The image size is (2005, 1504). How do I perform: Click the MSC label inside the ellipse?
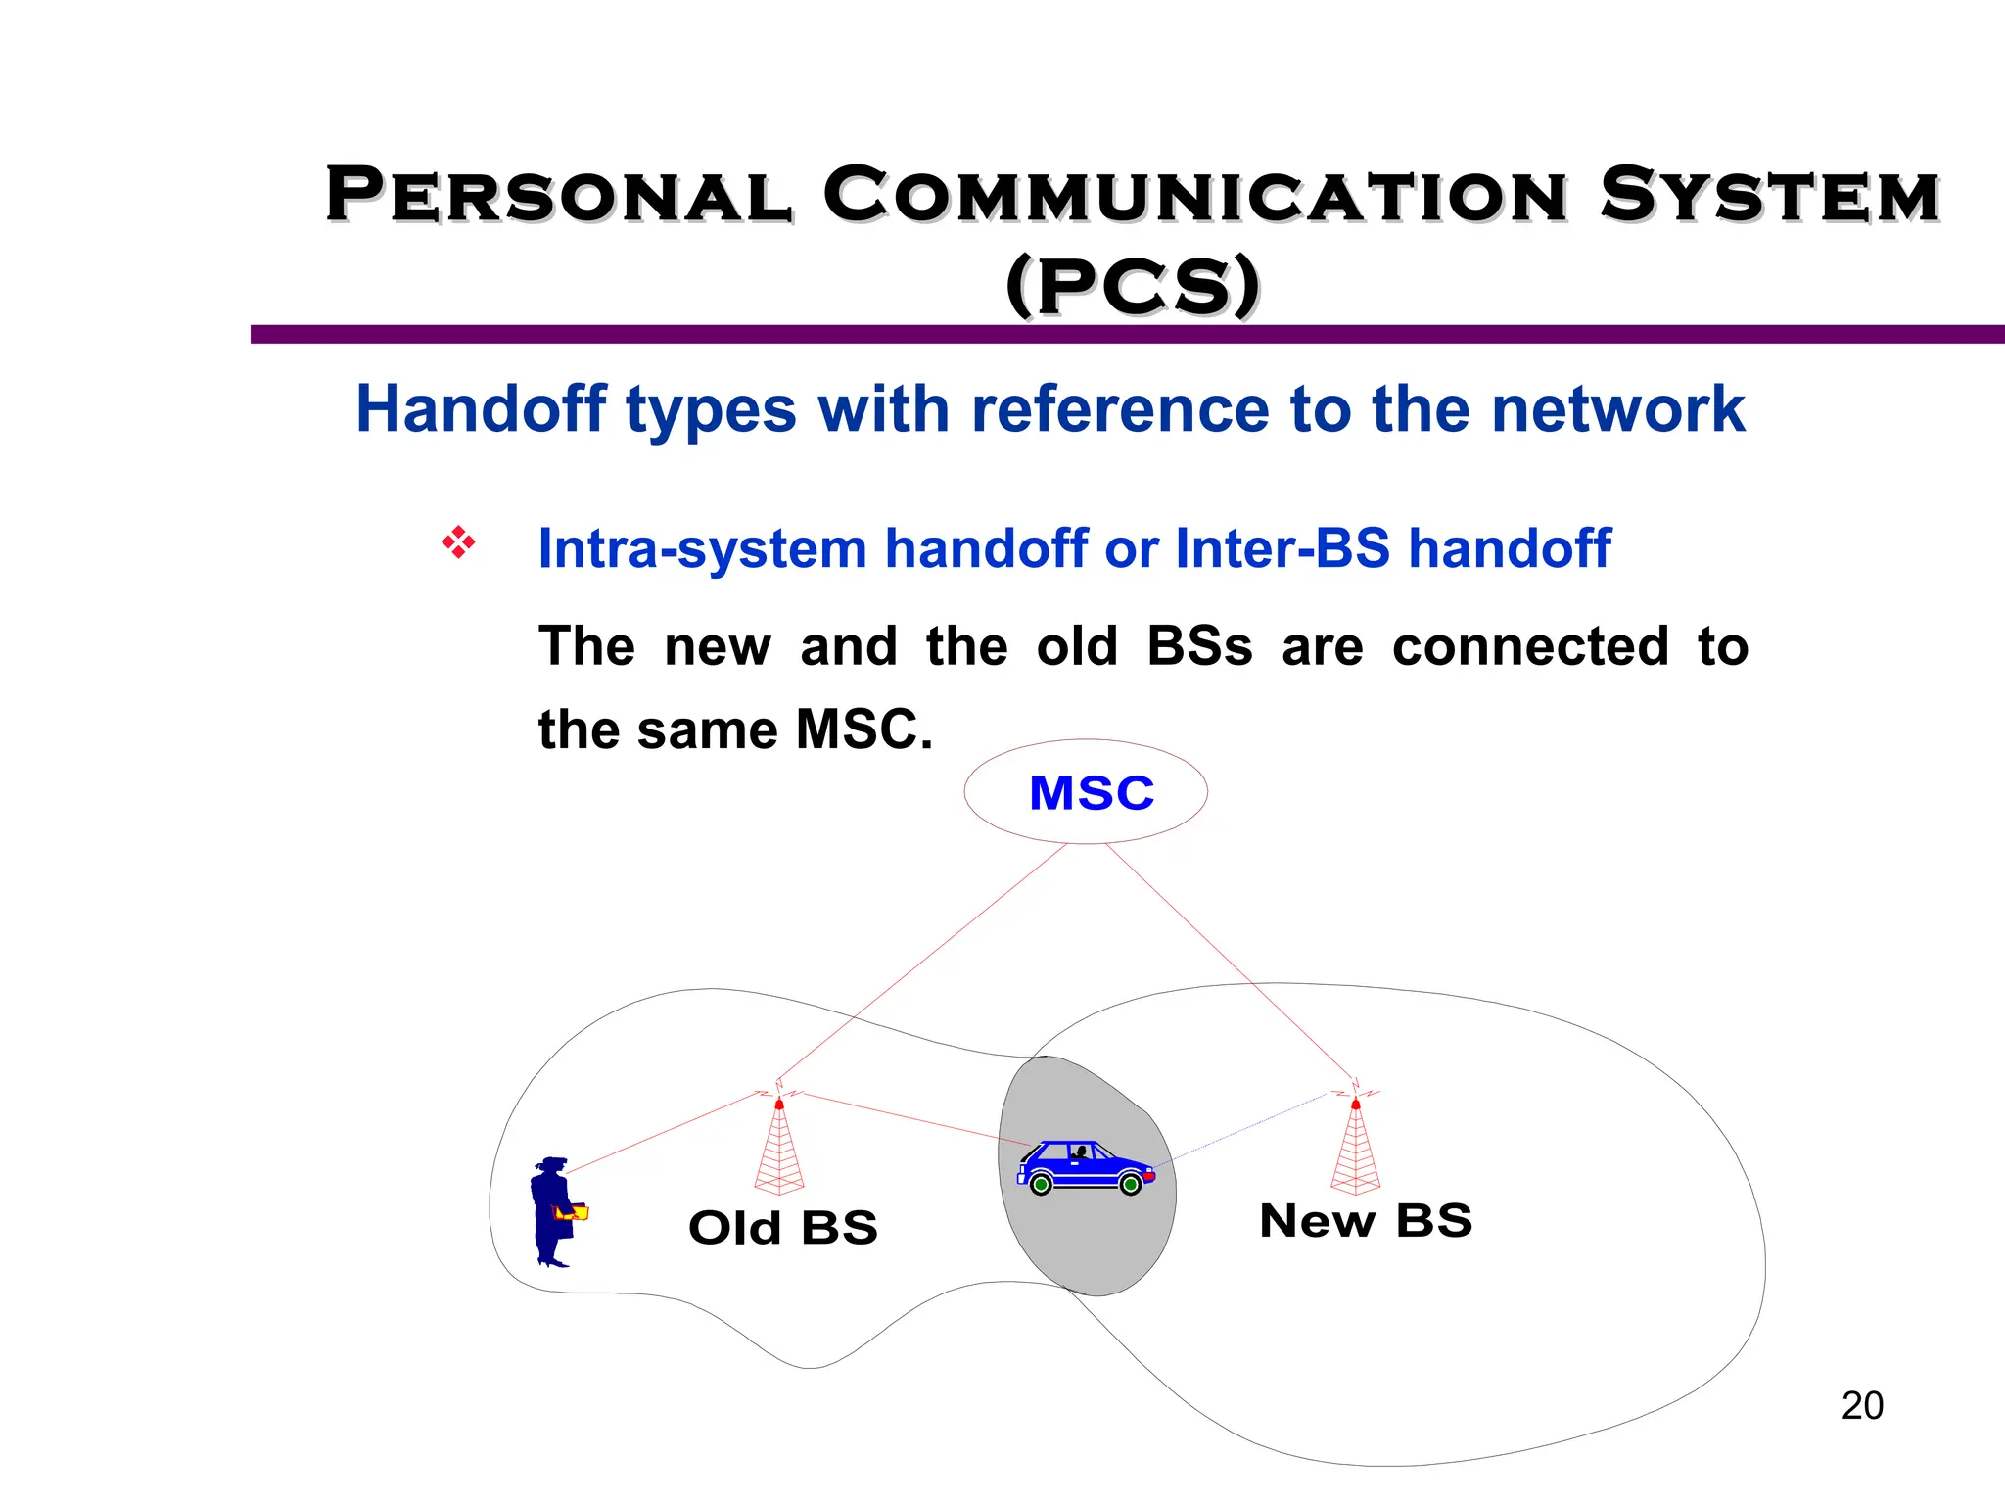tap(1092, 793)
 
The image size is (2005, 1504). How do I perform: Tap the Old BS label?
tap(782, 1228)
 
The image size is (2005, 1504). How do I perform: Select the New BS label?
tap(1366, 1221)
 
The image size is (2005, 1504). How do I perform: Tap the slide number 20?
tap(1861, 1406)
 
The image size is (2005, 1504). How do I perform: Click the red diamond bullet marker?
tap(458, 542)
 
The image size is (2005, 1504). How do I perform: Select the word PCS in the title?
tap(1133, 287)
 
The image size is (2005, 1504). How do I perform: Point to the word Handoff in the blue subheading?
tap(481, 408)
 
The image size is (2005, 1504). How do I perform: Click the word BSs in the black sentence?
tap(1198, 646)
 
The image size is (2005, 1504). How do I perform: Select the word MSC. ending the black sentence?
tap(863, 730)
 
